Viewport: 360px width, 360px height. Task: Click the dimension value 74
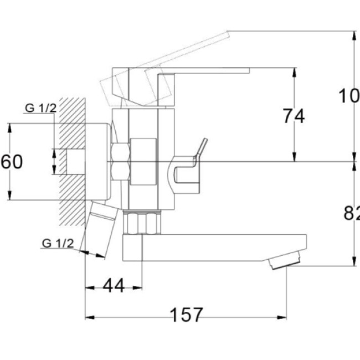click(294, 116)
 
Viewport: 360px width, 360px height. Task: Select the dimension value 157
click(186, 315)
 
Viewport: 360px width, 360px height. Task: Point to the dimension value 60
click(12, 162)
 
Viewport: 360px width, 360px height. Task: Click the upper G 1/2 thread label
click(40, 108)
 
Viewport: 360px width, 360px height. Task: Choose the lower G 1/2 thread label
click(58, 243)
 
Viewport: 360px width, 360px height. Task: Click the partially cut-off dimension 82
click(352, 212)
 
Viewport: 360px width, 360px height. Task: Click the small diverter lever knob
click(201, 148)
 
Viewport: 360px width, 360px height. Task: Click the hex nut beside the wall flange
click(120, 161)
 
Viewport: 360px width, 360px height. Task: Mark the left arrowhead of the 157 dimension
click(88, 318)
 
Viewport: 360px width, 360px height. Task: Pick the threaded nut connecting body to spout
click(142, 223)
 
